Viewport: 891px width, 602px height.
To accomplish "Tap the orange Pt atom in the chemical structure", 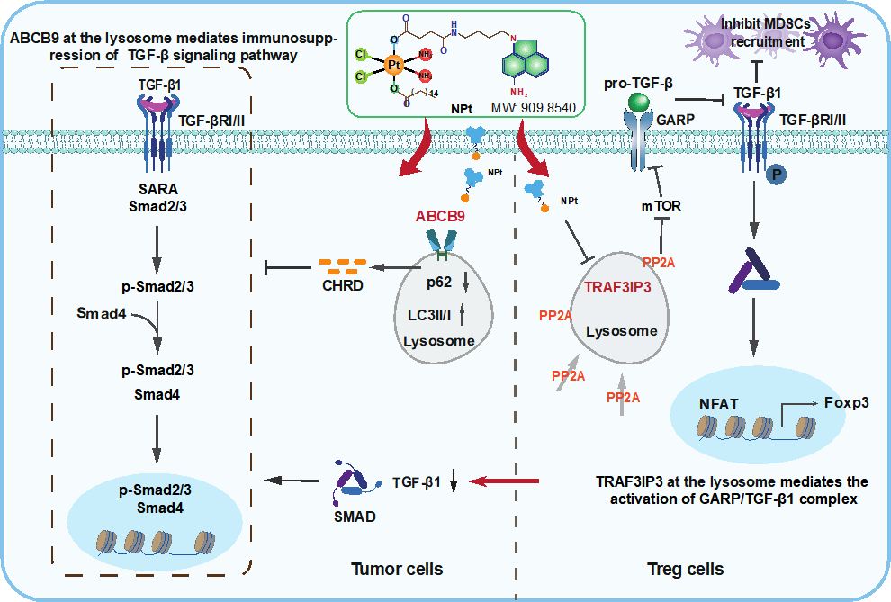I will coord(393,65).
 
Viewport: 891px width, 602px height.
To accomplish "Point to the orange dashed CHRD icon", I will coord(340,266).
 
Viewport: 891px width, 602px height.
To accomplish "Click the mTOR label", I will coord(661,206).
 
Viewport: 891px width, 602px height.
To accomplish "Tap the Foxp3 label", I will coord(845,402).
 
